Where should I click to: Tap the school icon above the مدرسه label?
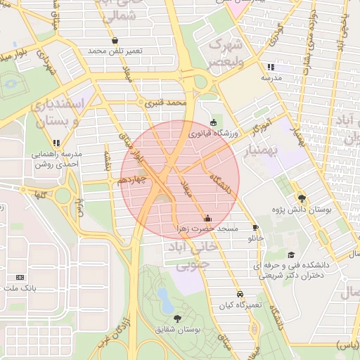pyautogui.click(x=270, y=67)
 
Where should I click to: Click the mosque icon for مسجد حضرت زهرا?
pyautogui.click(x=207, y=218)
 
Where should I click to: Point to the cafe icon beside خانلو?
pyautogui.click(x=255, y=227)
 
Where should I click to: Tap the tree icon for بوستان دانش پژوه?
pyautogui.click(x=302, y=198)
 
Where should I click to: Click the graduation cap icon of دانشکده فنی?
pyautogui.click(x=291, y=255)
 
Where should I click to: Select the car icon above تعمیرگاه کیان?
pyautogui.click(x=240, y=294)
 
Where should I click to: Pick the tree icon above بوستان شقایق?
pyautogui.click(x=176, y=319)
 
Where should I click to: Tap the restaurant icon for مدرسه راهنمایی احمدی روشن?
pyautogui.click(x=56, y=143)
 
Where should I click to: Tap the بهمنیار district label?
pyautogui.click(x=263, y=150)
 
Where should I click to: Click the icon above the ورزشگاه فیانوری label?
pyautogui.click(x=214, y=120)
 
